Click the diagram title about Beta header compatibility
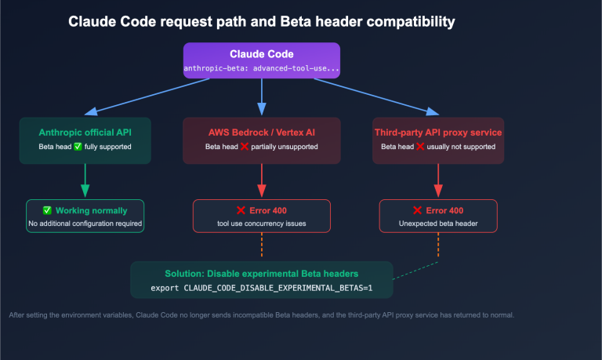[x=261, y=21]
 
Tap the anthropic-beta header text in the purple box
[x=261, y=69]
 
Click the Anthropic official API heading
[x=85, y=132]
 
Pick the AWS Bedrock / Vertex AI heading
[x=261, y=132]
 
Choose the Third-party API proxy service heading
[x=438, y=132]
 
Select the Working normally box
[x=85, y=216]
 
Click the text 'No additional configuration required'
[x=85, y=224]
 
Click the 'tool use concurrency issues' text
[x=261, y=224]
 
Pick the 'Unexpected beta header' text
[x=438, y=224]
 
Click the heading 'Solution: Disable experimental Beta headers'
[x=261, y=274]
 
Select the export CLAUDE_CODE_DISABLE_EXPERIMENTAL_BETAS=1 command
[x=261, y=288]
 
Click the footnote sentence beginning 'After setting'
[x=261, y=315]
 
